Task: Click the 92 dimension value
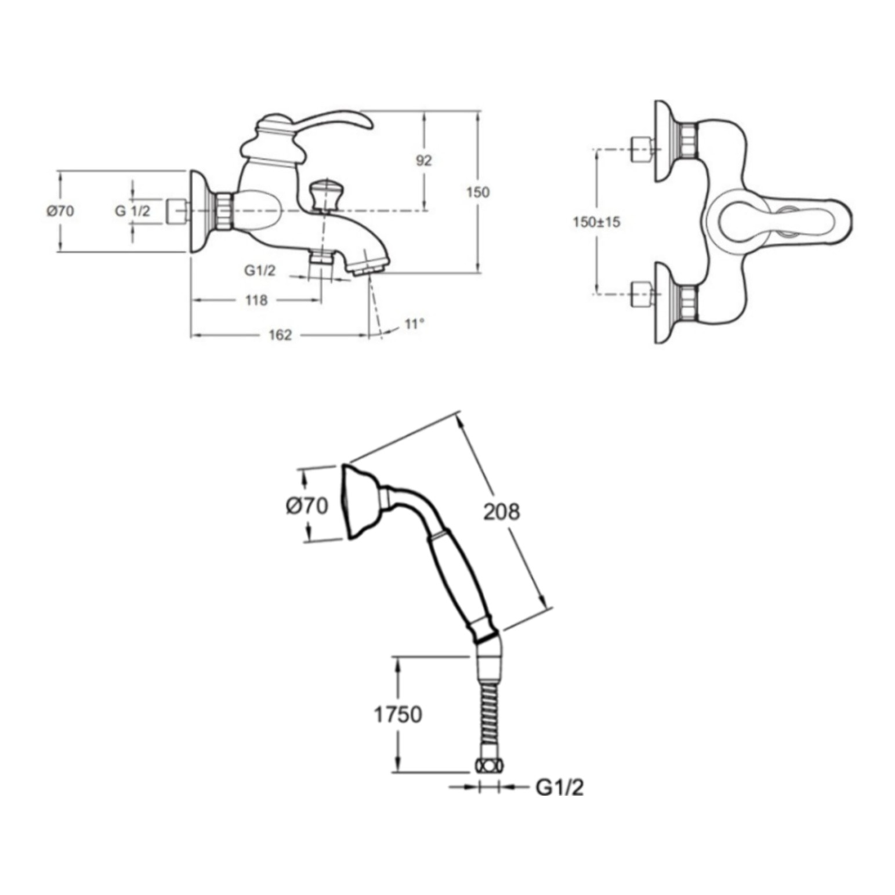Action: (424, 160)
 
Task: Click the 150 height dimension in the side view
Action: (478, 192)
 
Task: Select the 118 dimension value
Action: (256, 300)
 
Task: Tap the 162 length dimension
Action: (280, 335)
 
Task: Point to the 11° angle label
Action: (414, 324)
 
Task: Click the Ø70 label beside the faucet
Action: (60, 211)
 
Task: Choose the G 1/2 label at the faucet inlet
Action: (132, 211)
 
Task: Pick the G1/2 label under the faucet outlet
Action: (260, 270)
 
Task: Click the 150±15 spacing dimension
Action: (596, 222)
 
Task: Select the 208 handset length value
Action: (502, 512)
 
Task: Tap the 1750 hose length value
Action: (397, 715)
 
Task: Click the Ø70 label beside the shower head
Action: (307, 505)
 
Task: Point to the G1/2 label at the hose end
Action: (560, 788)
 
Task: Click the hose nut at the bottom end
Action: (489, 766)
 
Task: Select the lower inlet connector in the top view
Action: (642, 293)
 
